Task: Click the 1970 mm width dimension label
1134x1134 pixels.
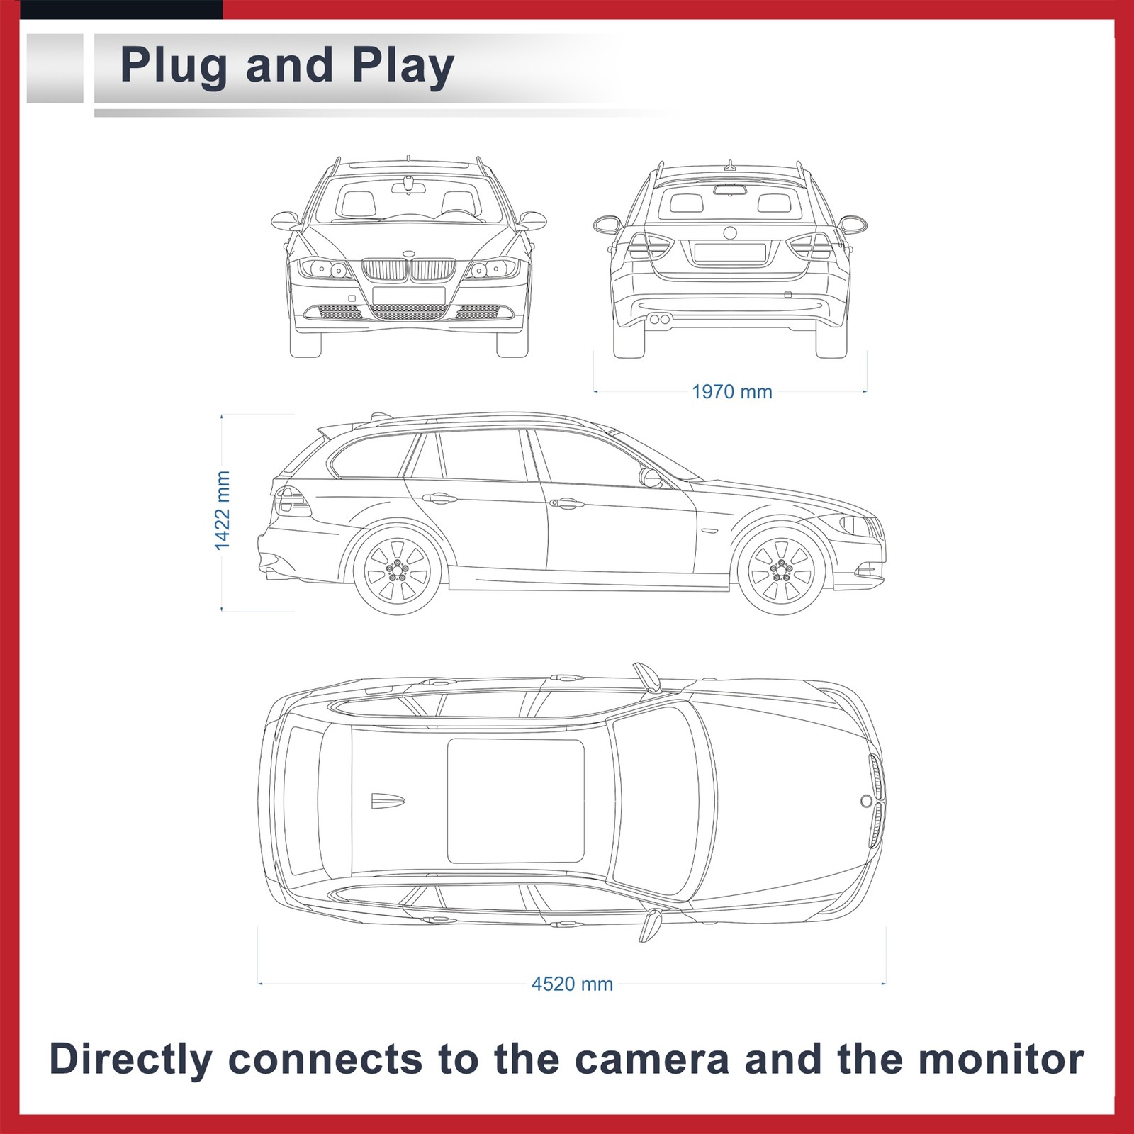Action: [x=731, y=392]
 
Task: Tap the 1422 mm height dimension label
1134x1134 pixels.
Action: [x=223, y=510]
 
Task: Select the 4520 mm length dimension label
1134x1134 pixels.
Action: [x=572, y=984]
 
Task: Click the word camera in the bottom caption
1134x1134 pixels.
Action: [x=651, y=1060]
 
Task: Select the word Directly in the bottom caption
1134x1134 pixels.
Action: [x=130, y=1060]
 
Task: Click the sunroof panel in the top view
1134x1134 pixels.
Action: [x=515, y=801]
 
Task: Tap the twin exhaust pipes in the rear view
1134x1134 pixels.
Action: [x=659, y=320]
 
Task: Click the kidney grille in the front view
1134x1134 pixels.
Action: [x=408, y=270]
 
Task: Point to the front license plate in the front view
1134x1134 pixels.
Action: [x=408, y=295]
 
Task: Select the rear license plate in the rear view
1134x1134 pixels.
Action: [x=729, y=252]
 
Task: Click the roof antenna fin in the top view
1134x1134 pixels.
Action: [x=388, y=801]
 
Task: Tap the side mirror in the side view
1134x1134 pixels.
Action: [x=650, y=477]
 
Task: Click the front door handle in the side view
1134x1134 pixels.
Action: [x=566, y=503]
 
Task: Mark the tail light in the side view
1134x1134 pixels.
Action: [x=292, y=501]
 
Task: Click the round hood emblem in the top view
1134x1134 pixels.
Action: [x=866, y=801]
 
